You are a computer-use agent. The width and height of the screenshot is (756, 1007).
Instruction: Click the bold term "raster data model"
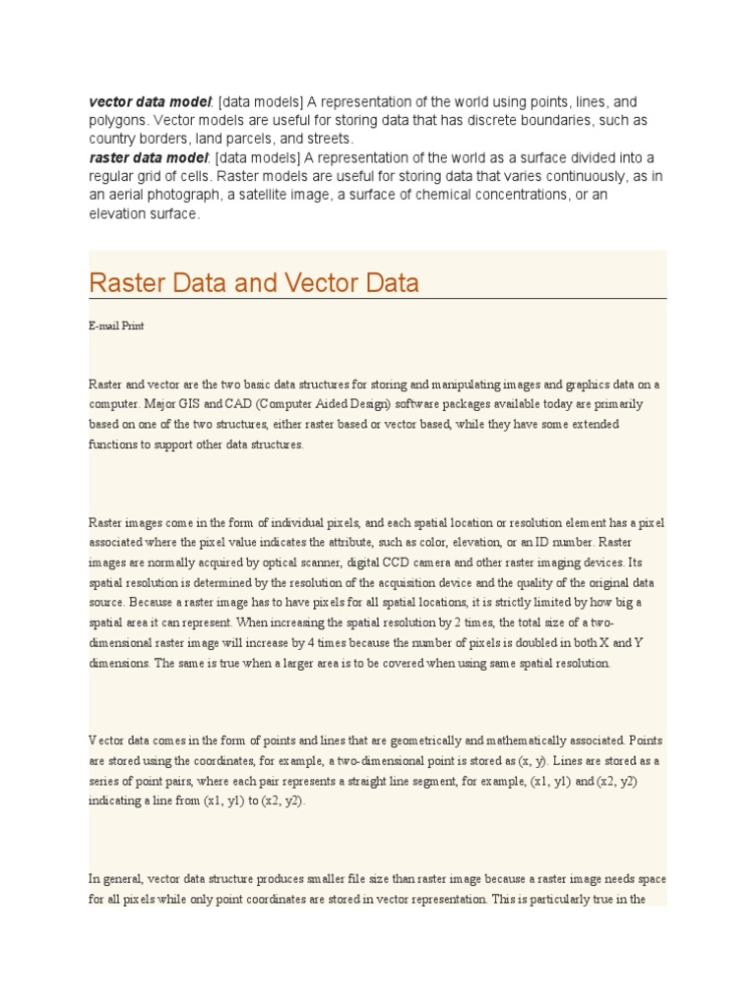(x=148, y=158)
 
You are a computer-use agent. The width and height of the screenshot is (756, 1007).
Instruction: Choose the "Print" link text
(x=132, y=326)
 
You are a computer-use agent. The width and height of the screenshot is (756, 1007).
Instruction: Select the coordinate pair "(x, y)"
(x=514, y=761)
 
